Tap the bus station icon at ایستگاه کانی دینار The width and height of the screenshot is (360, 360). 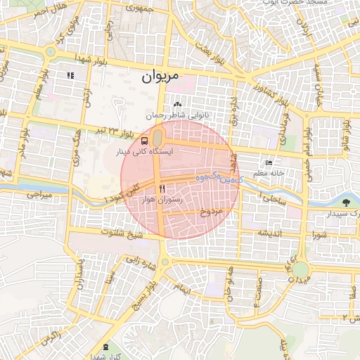[x=144, y=140]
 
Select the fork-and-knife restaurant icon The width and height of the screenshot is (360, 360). [x=162, y=188]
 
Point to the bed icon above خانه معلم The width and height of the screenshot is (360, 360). [x=268, y=162]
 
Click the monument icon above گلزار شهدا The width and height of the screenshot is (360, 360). [x=105, y=347]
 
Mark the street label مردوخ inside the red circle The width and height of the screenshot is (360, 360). [x=212, y=211]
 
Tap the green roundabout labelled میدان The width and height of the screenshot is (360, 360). [x=300, y=269]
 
